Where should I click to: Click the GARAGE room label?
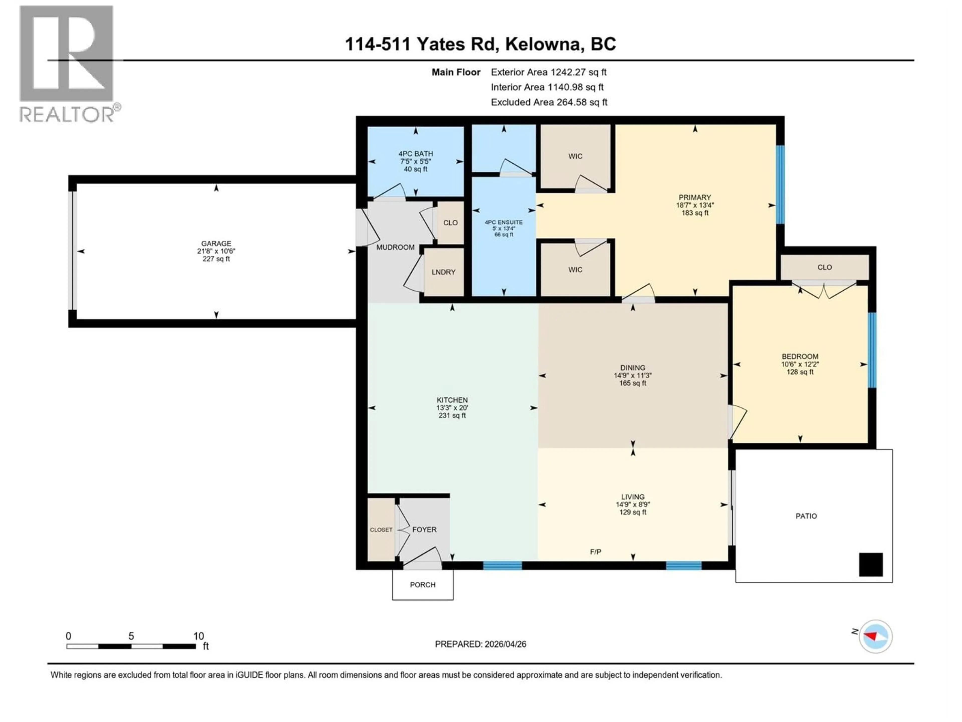tap(216, 243)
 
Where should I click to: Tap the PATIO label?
tap(806, 516)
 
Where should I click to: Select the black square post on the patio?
tap(871, 565)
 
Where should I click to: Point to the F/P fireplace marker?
tap(595, 552)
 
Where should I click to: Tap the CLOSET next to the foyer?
tap(381, 530)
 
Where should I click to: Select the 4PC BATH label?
tap(415, 154)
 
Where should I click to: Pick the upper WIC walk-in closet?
tap(575, 156)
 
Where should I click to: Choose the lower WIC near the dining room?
tap(575, 270)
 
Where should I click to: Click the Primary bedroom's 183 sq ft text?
tap(694, 213)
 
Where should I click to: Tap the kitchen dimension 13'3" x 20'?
tap(452, 408)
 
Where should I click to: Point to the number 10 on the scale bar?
tap(198, 636)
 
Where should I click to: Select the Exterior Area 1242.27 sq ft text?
tap(548, 72)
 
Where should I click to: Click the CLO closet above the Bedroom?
tap(824, 267)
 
